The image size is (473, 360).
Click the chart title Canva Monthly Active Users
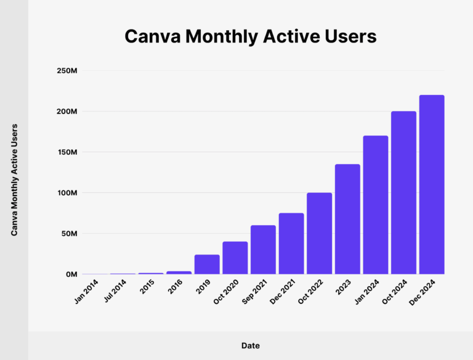pos(250,36)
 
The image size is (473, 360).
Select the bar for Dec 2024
pos(431,184)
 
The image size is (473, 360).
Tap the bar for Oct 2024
pos(403,192)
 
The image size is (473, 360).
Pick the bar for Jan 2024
pos(376,205)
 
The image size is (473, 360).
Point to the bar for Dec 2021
pos(291,243)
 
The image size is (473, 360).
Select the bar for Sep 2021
pos(263,250)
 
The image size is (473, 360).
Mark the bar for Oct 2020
pos(235,258)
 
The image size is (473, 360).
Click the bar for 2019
pos(207,264)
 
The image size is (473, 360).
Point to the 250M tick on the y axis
pos(67,71)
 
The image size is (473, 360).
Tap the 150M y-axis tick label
pos(67,152)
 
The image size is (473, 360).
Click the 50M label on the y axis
pos(68,234)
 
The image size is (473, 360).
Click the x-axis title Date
pos(250,346)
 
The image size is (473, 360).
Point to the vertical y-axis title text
pos(14,179)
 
